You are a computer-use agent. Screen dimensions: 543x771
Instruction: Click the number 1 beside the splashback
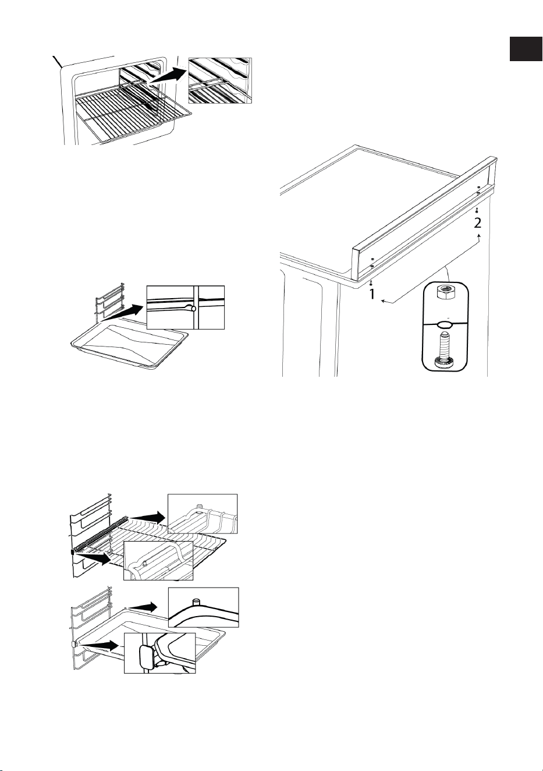point(372,294)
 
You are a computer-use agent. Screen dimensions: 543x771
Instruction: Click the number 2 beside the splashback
point(477,223)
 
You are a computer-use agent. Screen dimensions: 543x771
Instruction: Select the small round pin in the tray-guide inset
point(194,309)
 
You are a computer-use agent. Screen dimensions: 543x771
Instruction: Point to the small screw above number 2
point(477,210)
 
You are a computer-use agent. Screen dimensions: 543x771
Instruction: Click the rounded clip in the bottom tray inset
point(146,656)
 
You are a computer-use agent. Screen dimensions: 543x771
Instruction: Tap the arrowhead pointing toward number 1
point(384,302)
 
